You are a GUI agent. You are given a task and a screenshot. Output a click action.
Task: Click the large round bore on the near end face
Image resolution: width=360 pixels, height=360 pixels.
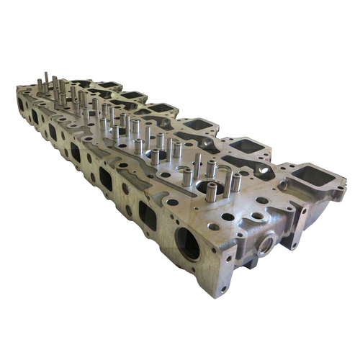[x=189, y=247]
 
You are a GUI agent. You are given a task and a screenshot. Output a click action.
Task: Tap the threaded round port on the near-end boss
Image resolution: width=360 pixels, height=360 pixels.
[x=264, y=246]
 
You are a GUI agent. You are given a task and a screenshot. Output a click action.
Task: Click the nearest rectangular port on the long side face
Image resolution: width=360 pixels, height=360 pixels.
[x=148, y=215]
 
